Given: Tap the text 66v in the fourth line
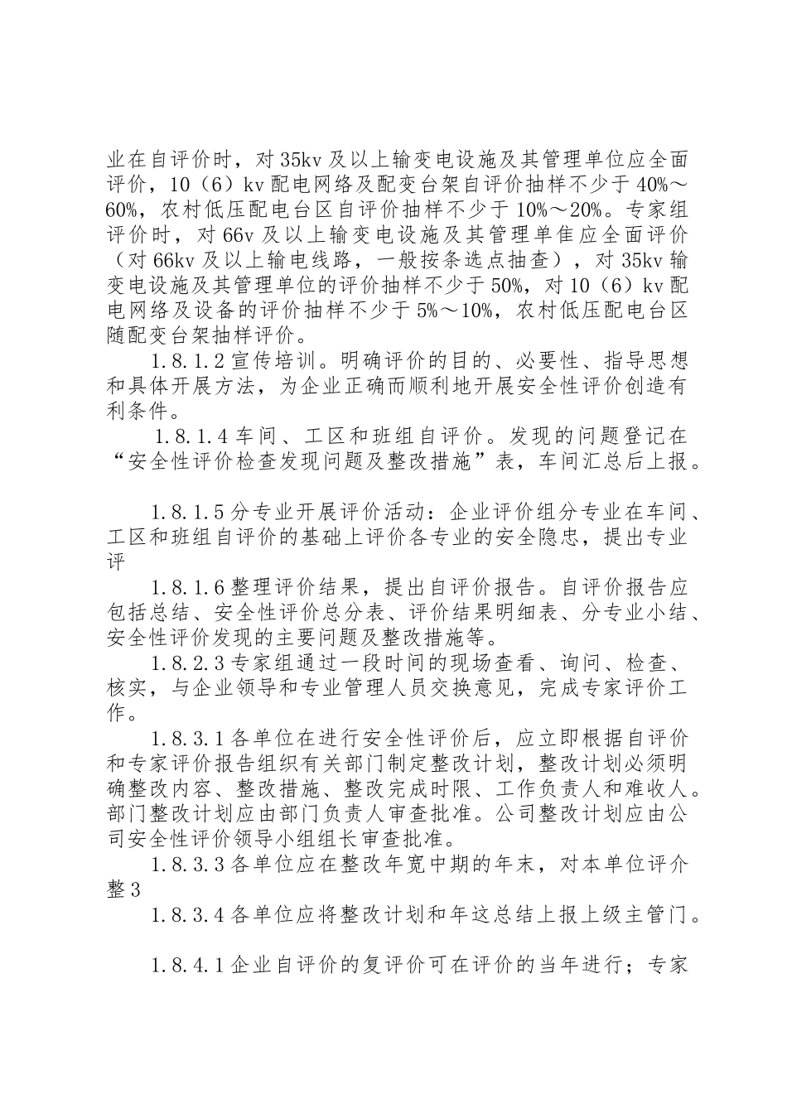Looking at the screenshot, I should (x=243, y=235).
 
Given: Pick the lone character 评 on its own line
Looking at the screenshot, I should (x=116, y=562).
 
